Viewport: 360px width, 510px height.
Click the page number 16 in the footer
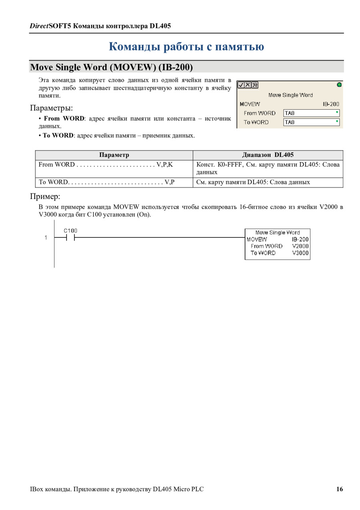[x=339, y=489]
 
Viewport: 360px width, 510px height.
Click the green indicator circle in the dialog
[x=339, y=84]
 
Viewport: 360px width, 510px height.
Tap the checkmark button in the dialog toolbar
[x=240, y=85]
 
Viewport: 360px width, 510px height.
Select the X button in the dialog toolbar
[x=247, y=85]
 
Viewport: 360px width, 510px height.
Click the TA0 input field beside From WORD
[x=311, y=113]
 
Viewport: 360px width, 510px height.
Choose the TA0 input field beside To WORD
[x=311, y=122]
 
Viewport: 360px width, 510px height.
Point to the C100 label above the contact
[x=70, y=231]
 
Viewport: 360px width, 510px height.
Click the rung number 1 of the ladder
[x=46, y=238]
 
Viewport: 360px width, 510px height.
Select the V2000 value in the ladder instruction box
[x=300, y=246]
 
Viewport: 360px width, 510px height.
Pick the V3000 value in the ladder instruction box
[x=300, y=253]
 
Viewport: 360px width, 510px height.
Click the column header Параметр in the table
[x=114, y=155]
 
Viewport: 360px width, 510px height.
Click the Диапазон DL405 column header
[x=268, y=155]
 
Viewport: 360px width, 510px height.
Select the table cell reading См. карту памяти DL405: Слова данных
[x=253, y=182]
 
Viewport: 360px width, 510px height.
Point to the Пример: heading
[x=45, y=197]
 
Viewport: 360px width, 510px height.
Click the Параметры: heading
[x=52, y=108]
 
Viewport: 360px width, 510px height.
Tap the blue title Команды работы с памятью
[x=186, y=47]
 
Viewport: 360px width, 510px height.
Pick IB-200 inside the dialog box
[x=331, y=104]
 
